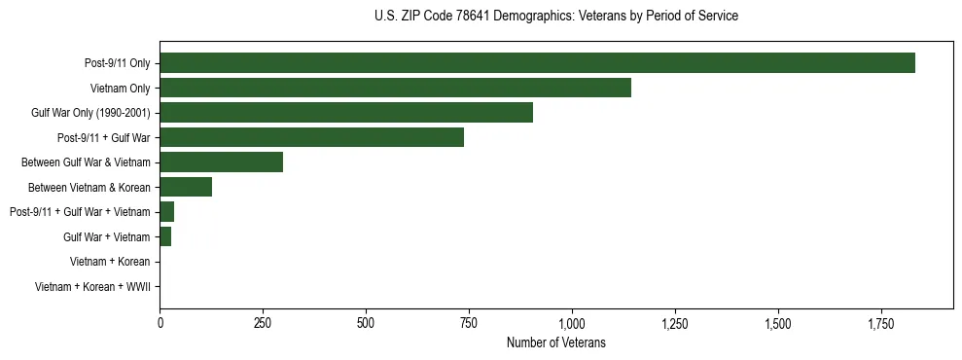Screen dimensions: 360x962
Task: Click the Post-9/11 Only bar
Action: coord(537,63)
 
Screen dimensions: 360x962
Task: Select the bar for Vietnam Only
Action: coord(395,88)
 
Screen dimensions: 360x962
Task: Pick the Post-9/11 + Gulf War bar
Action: coord(311,137)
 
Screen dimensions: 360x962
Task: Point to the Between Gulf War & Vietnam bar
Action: coord(221,162)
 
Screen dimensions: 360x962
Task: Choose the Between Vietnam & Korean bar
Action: coord(186,187)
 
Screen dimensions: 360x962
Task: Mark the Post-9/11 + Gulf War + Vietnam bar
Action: coord(166,212)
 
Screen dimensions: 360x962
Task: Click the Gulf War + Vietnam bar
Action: coord(165,236)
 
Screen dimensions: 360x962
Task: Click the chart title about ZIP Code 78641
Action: coord(555,17)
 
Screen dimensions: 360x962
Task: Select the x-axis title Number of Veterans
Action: coord(555,342)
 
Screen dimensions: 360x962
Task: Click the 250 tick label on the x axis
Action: coord(263,323)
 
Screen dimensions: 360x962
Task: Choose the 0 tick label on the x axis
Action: coord(160,323)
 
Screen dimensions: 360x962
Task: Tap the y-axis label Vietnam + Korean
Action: coord(110,262)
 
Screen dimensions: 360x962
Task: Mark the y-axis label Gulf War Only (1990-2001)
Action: coord(90,113)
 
